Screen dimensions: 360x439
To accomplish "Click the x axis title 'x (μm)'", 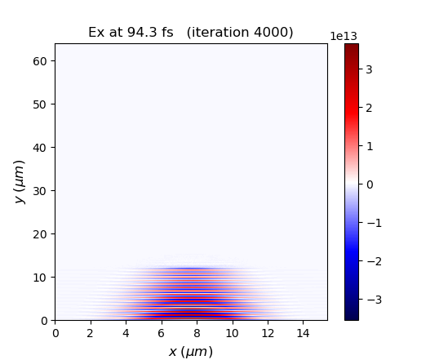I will pyautogui.click(x=191, y=351).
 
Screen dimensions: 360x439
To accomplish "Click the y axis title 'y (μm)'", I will pyautogui.click(x=19, y=182).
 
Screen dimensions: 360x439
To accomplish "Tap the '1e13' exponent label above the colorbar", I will pyautogui.click(x=344, y=36).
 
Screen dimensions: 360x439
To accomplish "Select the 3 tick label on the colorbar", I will pyautogui.click(x=369, y=69).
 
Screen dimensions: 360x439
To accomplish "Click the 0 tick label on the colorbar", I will pyautogui.click(x=369, y=184).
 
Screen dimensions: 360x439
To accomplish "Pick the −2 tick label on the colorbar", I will pyautogui.click(x=372, y=261).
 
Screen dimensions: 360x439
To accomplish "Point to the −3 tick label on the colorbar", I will pyautogui.click(x=372, y=300).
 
